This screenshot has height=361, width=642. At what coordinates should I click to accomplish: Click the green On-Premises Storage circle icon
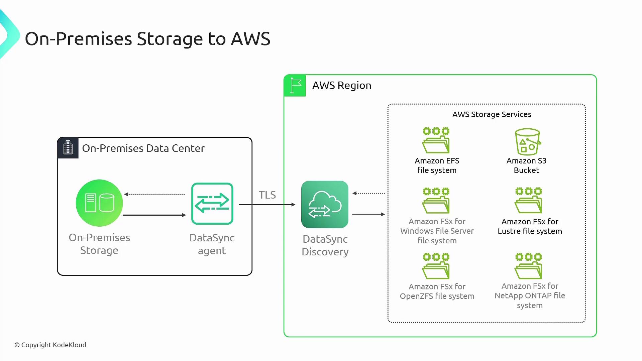coord(99,203)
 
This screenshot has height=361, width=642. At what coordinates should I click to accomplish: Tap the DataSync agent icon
coord(212,204)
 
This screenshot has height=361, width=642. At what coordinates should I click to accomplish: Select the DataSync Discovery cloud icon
coord(325,204)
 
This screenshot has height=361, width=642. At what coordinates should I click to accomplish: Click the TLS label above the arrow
coord(267,195)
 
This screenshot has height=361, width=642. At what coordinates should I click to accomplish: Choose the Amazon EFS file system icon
coord(436,140)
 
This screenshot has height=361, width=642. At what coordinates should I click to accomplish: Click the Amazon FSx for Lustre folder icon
coord(528,201)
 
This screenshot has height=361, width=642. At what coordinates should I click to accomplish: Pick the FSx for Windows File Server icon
coord(436,201)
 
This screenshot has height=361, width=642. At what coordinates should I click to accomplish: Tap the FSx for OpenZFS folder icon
coord(436,266)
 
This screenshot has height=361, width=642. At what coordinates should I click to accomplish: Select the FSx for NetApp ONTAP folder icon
coord(528,266)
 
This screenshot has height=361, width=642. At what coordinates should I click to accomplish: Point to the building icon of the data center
coord(68,147)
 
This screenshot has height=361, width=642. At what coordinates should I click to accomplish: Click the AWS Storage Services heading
coord(492,114)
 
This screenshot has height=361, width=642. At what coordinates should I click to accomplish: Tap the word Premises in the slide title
coord(94,39)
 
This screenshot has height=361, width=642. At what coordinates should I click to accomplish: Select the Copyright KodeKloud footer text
coord(50,345)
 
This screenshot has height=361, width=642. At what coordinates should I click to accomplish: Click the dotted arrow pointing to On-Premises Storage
coord(154,194)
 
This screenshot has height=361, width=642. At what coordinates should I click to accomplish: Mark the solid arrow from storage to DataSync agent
coord(154,215)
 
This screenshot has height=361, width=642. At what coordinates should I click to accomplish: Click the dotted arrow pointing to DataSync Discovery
coord(369,193)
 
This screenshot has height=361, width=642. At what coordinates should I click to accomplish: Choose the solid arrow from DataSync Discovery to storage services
coord(369,214)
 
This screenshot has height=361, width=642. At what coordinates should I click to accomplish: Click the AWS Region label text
coord(342,86)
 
